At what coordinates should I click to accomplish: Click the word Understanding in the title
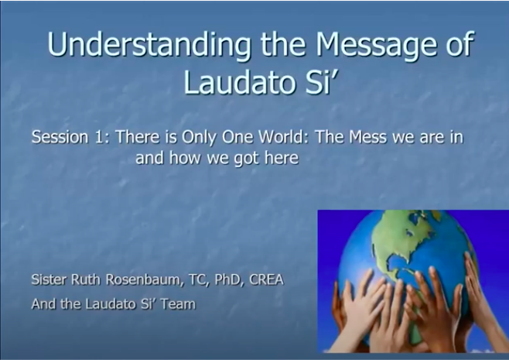(x=149, y=44)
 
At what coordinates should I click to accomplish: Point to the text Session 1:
(x=71, y=137)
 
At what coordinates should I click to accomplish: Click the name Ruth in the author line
(x=85, y=279)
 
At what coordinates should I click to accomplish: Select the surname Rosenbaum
(x=143, y=279)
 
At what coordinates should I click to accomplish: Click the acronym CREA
(x=266, y=279)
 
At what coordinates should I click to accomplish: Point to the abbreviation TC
(x=196, y=279)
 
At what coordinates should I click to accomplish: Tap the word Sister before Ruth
(x=49, y=279)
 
